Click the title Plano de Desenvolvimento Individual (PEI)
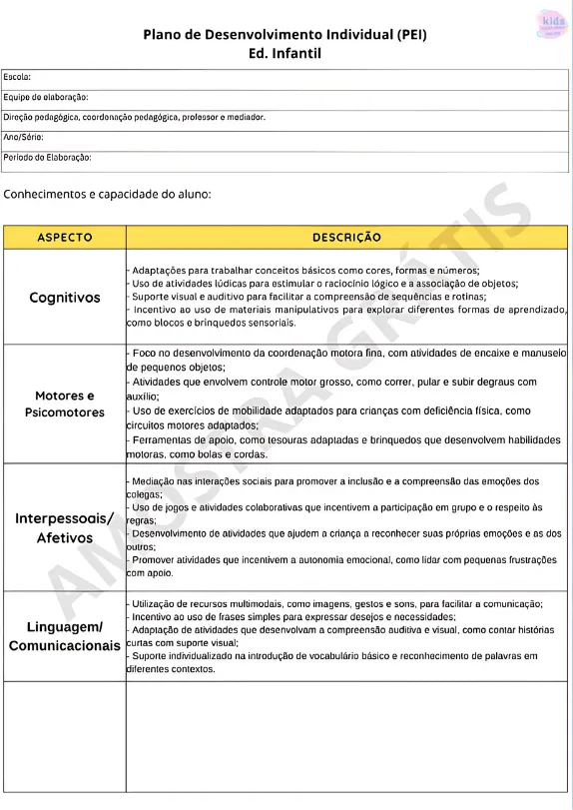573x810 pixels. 286,34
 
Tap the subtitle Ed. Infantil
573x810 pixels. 286,53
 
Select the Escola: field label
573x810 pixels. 17,77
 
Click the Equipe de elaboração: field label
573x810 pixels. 46,97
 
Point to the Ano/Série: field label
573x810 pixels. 24,137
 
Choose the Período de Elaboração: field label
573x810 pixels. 48,157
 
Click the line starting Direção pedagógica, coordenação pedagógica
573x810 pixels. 135,117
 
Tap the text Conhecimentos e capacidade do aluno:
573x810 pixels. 108,194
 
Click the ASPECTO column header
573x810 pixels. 65,238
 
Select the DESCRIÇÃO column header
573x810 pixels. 346,238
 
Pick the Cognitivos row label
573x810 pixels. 65,298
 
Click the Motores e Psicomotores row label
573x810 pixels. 65,405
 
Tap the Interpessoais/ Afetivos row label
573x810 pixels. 65,528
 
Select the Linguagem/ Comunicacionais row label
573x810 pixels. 65,636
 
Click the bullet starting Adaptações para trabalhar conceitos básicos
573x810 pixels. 305,271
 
